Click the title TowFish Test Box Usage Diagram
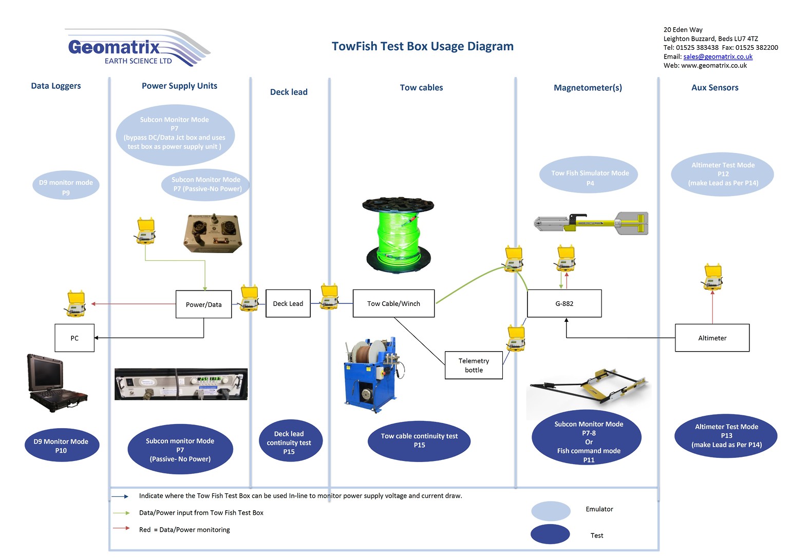[422, 46]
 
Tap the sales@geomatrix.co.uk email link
[718, 56]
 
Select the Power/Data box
[203, 304]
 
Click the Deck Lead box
[288, 303]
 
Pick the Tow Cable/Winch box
[393, 303]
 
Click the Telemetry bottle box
[473, 365]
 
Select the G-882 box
[564, 303]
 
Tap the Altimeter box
[712, 338]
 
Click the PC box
[74, 338]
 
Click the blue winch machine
[371, 375]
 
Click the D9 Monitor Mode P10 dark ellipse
[62, 445]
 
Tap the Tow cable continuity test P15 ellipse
[419, 440]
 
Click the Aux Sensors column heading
[714, 88]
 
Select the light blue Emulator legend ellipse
[551, 511]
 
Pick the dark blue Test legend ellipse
[550, 534]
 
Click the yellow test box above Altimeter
[712, 277]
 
